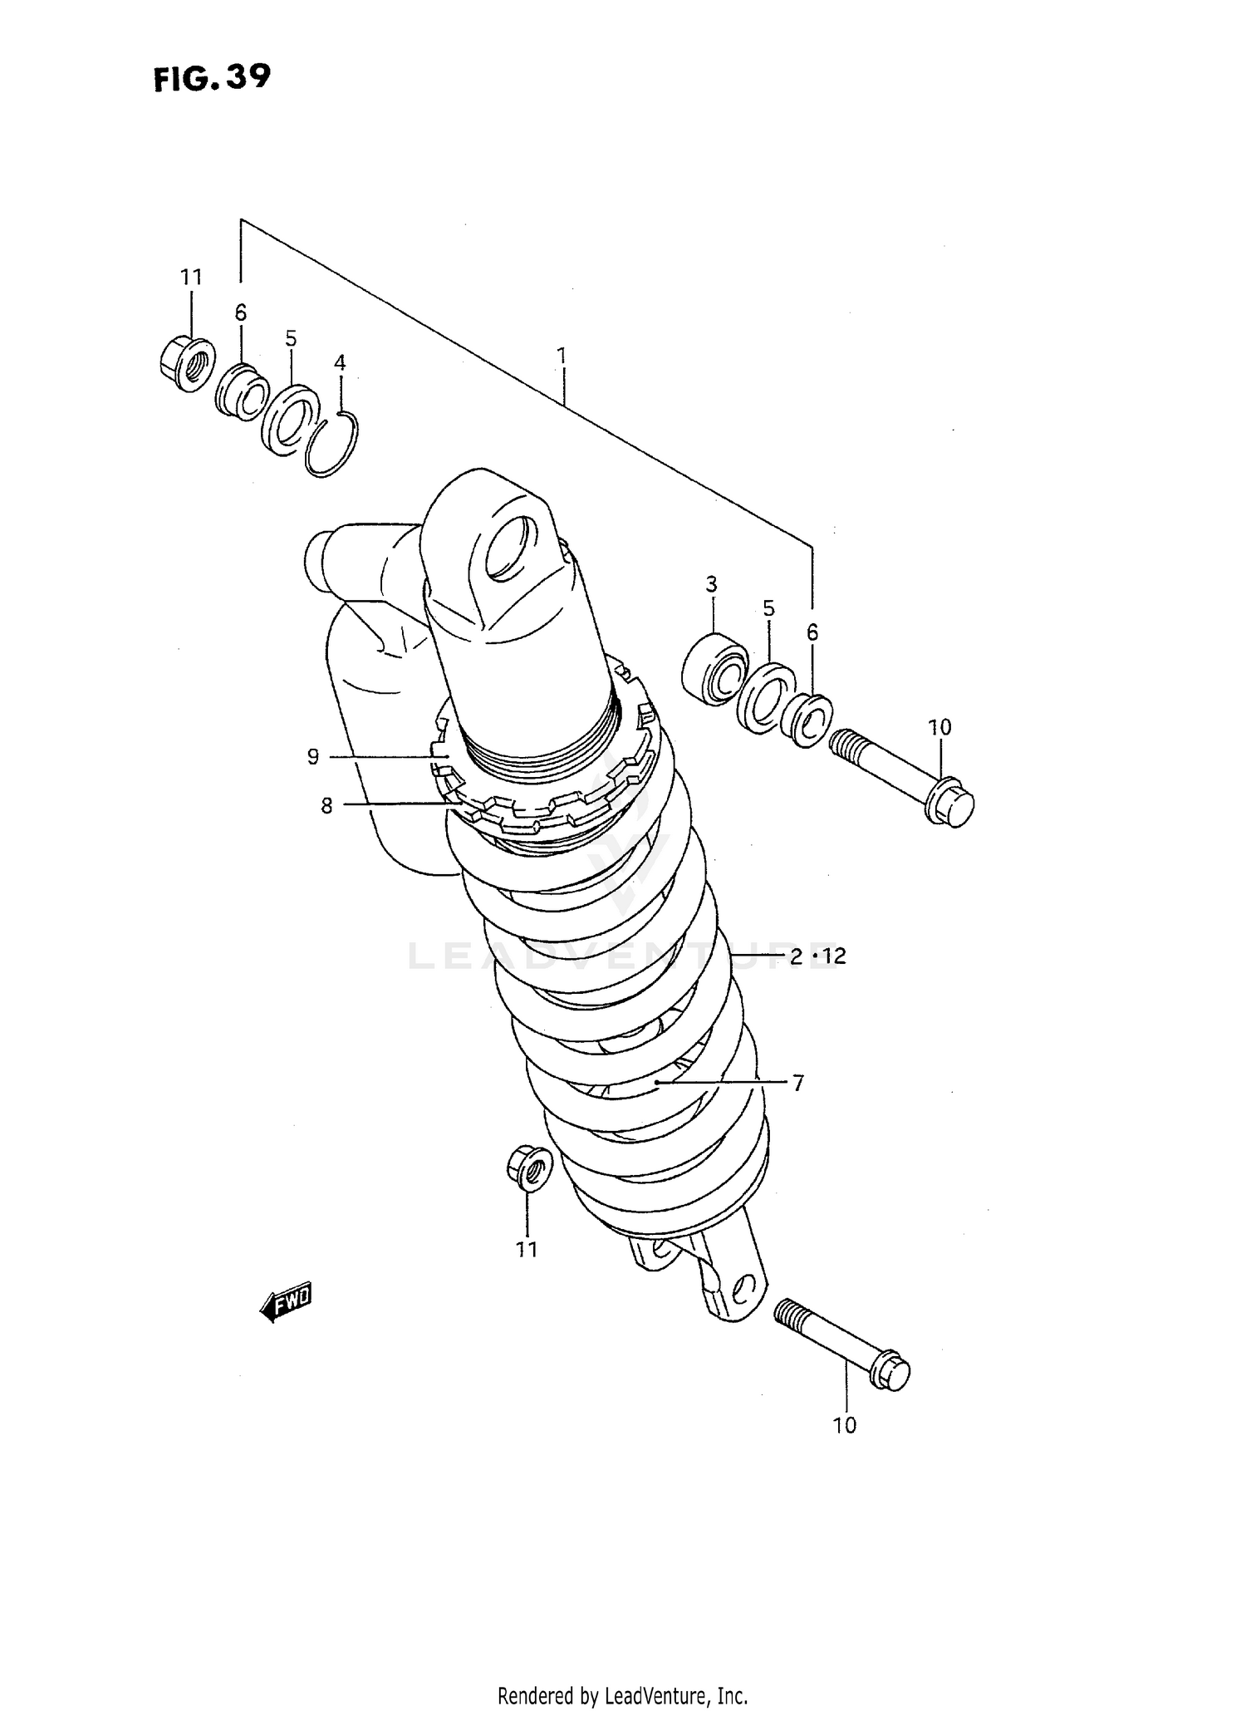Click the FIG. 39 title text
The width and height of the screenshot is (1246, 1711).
(x=212, y=78)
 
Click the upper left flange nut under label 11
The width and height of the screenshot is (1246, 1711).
(x=186, y=364)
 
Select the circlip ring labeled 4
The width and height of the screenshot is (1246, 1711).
(x=331, y=445)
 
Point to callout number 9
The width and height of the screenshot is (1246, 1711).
(x=313, y=757)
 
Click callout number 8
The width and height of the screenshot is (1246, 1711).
(x=326, y=805)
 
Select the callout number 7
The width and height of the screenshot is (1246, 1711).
(x=797, y=1084)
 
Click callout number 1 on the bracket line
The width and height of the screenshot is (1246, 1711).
(x=562, y=356)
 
